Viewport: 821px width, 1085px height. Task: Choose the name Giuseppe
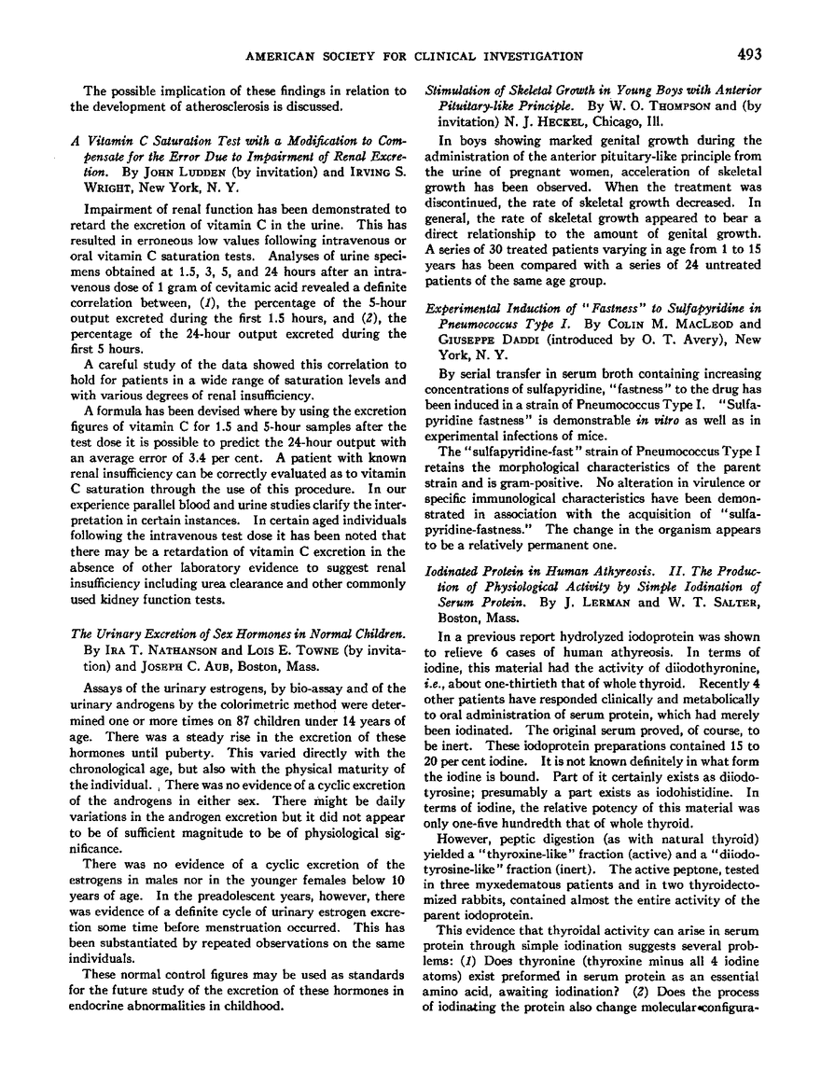[459, 327]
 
